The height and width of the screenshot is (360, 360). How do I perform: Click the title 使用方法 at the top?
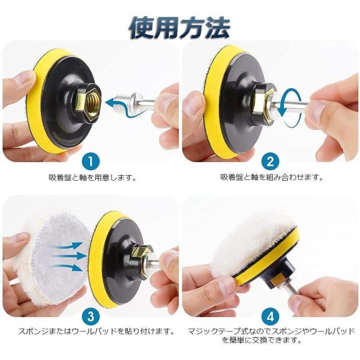click(179, 28)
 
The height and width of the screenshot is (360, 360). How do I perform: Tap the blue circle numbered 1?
click(91, 161)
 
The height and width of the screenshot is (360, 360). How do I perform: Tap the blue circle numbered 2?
click(270, 161)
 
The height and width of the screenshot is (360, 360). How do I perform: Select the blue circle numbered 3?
click(91, 317)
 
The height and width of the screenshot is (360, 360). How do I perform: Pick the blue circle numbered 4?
click(270, 317)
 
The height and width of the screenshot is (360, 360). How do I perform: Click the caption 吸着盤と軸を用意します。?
click(93, 178)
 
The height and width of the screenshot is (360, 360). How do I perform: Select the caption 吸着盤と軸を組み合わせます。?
click(272, 177)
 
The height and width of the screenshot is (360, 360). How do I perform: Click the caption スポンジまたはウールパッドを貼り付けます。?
click(96, 331)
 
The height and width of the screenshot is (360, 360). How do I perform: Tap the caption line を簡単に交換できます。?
click(262, 340)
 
